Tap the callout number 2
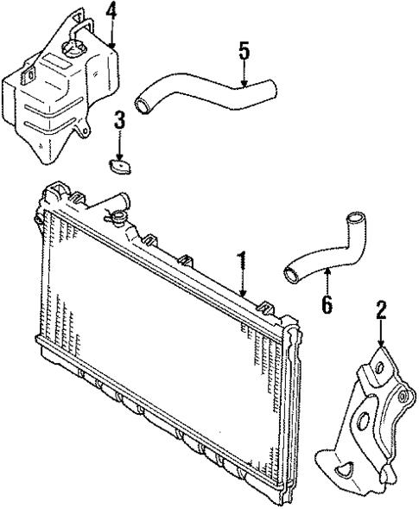pyautogui.click(x=380, y=312)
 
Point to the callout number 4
pyautogui.click(x=111, y=11)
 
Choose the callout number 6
pyautogui.click(x=327, y=303)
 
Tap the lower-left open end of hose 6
pyautogui.click(x=289, y=276)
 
